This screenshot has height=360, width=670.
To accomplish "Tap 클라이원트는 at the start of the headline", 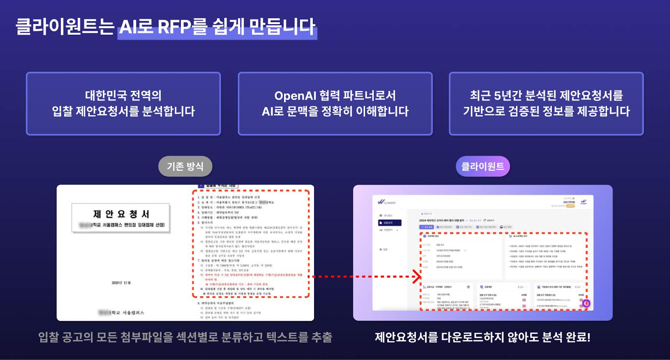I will click(65, 27).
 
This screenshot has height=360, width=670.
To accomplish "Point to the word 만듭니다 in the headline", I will click(282, 27).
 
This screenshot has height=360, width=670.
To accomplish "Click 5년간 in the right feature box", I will click(508, 96).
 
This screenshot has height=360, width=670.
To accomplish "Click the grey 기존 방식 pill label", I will click(185, 167).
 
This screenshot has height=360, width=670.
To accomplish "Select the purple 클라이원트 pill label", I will click(483, 167).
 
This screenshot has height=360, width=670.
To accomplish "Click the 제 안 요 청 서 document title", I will click(121, 214).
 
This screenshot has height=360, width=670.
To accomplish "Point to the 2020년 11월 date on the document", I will click(121, 283).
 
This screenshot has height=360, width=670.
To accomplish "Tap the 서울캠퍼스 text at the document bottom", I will click(133, 313).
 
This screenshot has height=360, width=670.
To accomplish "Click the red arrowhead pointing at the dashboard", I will click(416, 276).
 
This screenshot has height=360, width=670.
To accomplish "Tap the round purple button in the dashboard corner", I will click(586, 303).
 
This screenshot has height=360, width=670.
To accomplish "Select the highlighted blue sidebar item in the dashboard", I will click(389, 223).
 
